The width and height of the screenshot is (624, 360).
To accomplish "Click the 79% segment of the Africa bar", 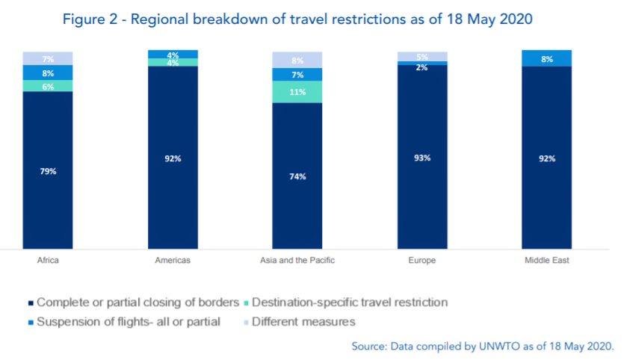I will [x=48, y=170].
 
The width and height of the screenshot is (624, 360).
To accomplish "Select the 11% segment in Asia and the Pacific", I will [x=297, y=92].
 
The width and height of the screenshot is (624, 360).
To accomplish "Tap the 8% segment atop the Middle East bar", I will [x=546, y=58].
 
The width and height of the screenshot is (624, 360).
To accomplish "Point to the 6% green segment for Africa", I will [x=48, y=86].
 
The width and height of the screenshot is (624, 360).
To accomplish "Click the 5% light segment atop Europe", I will [x=422, y=56].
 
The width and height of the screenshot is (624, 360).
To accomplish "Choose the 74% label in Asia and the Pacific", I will [x=297, y=176].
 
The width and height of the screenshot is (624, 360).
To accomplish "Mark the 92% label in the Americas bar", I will [x=173, y=158].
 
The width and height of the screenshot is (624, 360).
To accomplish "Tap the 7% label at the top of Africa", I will [x=48, y=58].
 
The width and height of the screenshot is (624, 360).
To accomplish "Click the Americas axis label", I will [x=173, y=261].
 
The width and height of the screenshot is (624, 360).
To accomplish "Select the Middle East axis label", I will [x=546, y=261].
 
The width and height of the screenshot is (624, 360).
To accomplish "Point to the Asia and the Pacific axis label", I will [x=297, y=261].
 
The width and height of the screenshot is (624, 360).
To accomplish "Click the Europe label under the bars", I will [x=422, y=261].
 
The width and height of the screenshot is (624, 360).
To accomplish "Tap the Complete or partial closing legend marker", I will [x=31, y=303].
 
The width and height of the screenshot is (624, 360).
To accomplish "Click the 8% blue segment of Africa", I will [x=48, y=72].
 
